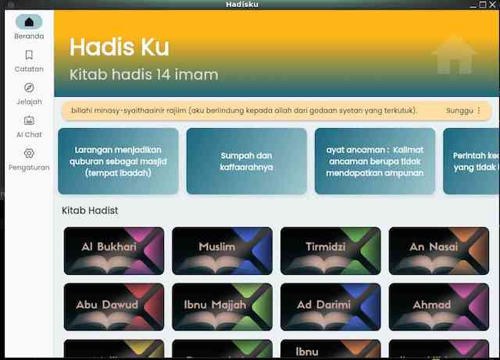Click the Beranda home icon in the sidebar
[29, 23]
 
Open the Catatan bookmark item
[29, 55]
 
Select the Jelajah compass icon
[29, 88]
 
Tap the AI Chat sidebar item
[29, 121]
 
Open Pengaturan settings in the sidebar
[29, 154]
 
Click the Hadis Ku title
[120, 47]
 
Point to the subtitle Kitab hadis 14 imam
[144, 75]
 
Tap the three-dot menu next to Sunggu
[479, 111]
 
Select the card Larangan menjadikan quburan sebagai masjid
[118, 161]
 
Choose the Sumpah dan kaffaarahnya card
[246, 161]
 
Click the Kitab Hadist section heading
[90, 210]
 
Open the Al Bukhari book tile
[113, 251]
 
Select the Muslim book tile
[222, 251]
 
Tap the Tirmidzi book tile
[330, 251]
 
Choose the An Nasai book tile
[438, 251]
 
